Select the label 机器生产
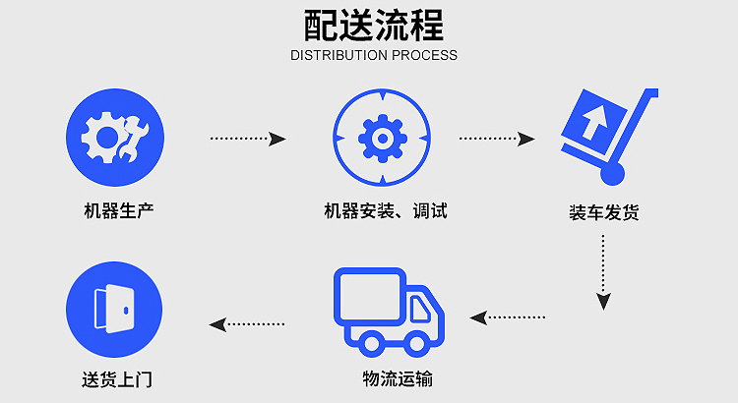(x=118, y=210)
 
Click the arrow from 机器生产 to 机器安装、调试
(x=248, y=139)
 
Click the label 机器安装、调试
(x=385, y=210)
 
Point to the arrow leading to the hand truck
(x=497, y=139)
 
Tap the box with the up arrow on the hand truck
(x=591, y=122)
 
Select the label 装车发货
(x=603, y=211)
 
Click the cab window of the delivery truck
(x=421, y=310)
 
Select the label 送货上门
(x=117, y=379)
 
